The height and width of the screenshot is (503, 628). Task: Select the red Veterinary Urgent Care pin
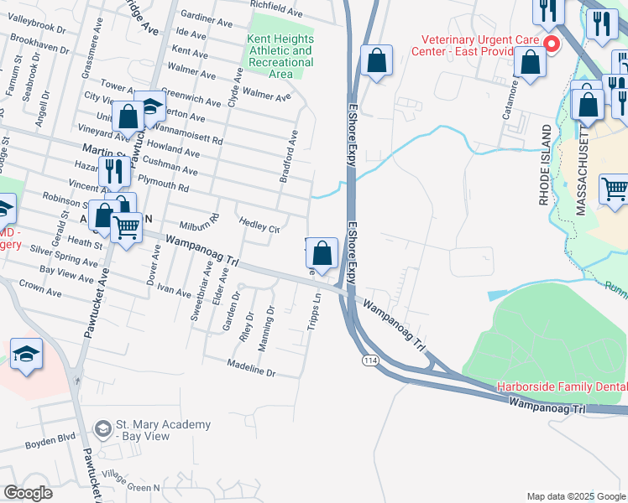click(x=552, y=44)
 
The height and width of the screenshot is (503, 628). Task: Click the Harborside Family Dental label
click(x=561, y=386)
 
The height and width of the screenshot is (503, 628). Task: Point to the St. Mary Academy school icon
click(x=102, y=430)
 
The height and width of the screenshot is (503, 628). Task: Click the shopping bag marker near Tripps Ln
click(x=322, y=252)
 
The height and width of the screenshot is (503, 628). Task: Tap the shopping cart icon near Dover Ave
click(x=127, y=226)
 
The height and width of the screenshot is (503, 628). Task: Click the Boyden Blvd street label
click(x=50, y=438)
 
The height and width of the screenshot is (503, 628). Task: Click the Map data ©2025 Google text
click(x=575, y=496)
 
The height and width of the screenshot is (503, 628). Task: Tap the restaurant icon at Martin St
click(x=113, y=172)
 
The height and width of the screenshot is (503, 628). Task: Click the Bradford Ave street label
click(x=288, y=158)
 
